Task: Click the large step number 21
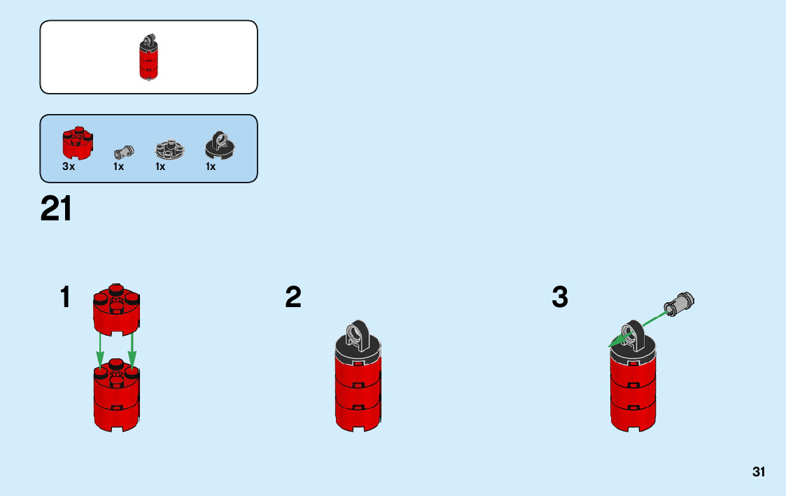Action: pyautogui.click(x=57, y=209)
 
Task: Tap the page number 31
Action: pyautogui.click(x=759, y=472)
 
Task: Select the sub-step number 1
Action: pyautogui.click(x=66, y=298)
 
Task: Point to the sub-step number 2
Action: pyautogui.click(x=293, y=298)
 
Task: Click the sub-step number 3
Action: pyautogui.click(x=560, y=298)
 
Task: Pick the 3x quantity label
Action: pyautogui.click(x=69, y=166)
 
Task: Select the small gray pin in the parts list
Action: pyautogui.click(x=123, y=150)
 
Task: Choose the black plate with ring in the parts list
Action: pyautogui.click(x=219, y=144)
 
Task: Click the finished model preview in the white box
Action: pyautogui.click(x=148, y=58)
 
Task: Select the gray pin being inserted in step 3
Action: pyautogui.click(x=680, y=303)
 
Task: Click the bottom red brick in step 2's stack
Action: pyautogui.click(x=358, y=416)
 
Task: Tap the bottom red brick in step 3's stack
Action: pyautogui.click(x=633, y=416)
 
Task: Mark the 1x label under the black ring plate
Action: pyautogui.click(x=211, y=166)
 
